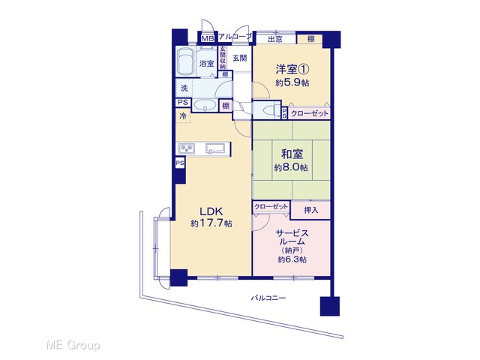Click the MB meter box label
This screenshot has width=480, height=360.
coord(208,38)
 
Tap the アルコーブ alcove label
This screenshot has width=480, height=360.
coord(235,37)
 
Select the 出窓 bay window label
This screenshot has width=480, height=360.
coord(275,39)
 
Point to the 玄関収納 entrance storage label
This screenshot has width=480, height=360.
coord(223,57)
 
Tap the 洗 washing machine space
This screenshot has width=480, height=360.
coord(184,88)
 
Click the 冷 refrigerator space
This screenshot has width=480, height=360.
coord(183,116)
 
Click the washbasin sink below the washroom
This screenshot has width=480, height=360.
coord(205,105)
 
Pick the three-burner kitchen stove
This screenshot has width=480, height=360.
coord(186,148)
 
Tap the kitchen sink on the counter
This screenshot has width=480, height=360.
coord(215,148)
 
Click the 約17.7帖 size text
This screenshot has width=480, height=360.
coord(211,223)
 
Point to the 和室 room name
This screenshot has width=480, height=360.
coord(292,154)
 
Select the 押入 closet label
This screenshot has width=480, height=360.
coord(310,210)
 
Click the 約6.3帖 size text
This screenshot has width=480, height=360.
coord(292,259)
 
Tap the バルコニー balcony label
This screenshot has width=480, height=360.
coord(268,298)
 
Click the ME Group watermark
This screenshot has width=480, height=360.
coord(73,345)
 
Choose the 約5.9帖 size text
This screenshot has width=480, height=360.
coord(292,83)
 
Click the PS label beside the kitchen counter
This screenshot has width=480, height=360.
coord(180,163)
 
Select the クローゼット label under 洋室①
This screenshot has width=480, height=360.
coord(309,113)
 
